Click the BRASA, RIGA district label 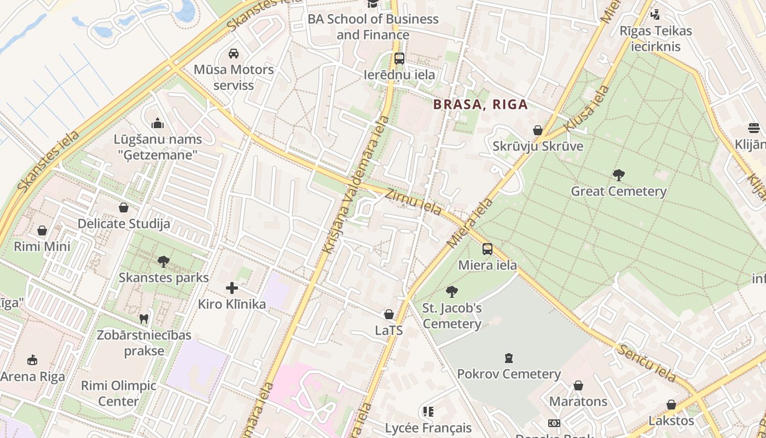click(x=480, y=104)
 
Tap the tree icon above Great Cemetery click(x=619, y=175)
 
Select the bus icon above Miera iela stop click(x=487, y=249)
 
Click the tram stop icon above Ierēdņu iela click(x=399, y=59)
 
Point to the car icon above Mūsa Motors click(x=234, y=54)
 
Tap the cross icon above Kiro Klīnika click(x=232, y=288)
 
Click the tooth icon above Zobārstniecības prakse click(x=144, y=319)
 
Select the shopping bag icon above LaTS click(x=389, y=314)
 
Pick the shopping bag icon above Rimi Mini click(x=42, y=230)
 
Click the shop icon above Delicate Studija click(x=124, y=208)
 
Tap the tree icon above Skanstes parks click(x=163, y=261)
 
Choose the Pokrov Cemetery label click(x=509, y=374)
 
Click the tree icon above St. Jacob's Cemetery click(x=451, y=291)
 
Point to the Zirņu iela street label click(x=413, y=201)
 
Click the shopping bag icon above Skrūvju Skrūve click(x=538, y=130)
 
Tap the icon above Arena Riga click(x=32, y=360)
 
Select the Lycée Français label click(x=428, y=428)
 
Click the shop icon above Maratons click(x=578, y=385)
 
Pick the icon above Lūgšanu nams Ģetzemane click(x=158, y=123)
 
